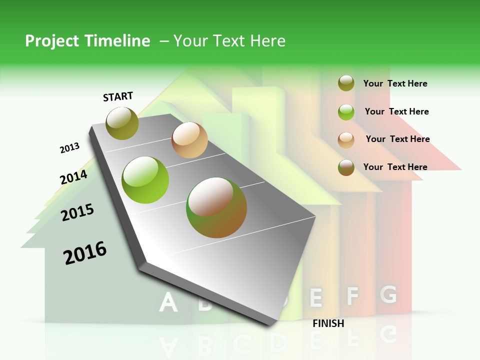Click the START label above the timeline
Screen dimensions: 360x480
pos(118,96)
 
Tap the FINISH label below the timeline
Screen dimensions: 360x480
pos(328,323)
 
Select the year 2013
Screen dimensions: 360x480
pos(69,148)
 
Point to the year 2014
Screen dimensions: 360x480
pos(73,177)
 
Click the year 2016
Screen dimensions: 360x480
pos(85,253)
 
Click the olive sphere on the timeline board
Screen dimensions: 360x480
pos(122,123)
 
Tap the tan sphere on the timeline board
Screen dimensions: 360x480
pos(189,140)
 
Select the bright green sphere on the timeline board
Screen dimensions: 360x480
pos(145,180)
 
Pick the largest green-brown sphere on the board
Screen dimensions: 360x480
pos(216,207)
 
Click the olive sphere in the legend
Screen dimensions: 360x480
pos(346,83)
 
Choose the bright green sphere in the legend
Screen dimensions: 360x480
pos(346,112)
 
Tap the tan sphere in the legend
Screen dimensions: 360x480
pos(346,139)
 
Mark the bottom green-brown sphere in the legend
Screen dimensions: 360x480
pos(346,167)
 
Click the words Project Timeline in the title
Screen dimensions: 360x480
pos(87,41)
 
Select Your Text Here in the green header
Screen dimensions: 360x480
pos(229,41)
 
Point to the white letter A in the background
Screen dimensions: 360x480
pos(168,302)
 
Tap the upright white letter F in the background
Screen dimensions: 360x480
pos(353,296)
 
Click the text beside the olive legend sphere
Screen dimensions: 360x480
pos(395,83)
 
